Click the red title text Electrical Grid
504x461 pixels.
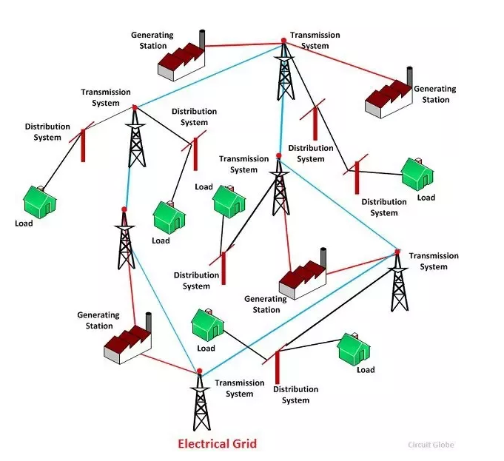point(217,444)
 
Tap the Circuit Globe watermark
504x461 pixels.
point(431,445)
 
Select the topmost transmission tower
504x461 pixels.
point(283,71)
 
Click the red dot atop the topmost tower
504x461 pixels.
point(283,41)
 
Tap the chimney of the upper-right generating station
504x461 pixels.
point(409,77)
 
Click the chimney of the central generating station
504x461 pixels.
point(323,258)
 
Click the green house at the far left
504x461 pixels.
point(40,200)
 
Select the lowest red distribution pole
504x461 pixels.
point(277,367)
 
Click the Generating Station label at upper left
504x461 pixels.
point(152,40)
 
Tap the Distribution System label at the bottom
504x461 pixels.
point(295,394)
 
